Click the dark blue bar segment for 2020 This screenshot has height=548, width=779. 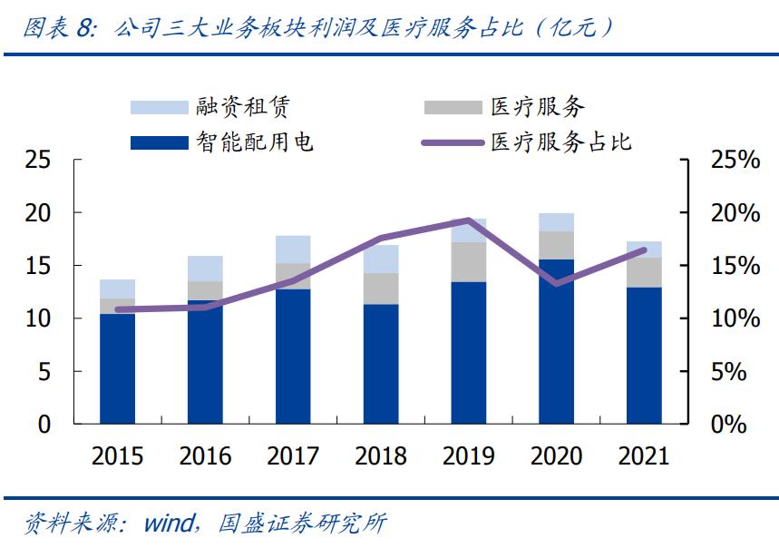click(557, 341)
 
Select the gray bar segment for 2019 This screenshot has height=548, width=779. click(469, 261)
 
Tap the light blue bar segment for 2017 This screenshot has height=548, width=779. click(293, 250)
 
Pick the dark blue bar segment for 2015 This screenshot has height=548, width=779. click(118, 368)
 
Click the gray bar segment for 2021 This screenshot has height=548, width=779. click(644, 272)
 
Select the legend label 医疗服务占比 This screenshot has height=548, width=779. click(560, 142)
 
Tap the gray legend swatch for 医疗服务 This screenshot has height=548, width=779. click(452, 107)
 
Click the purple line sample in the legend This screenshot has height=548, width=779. click(452, 142)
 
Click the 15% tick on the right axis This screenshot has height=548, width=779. click(732, 266)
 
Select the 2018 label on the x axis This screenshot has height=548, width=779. click(381, 455)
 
